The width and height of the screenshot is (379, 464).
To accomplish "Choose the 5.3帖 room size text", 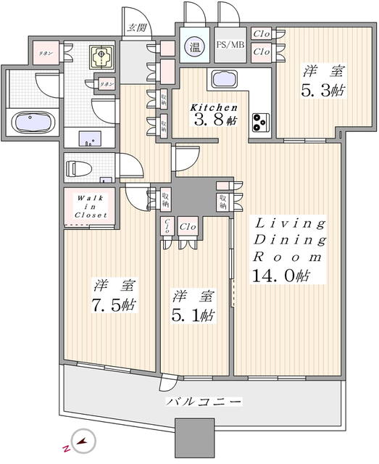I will pos(314,94).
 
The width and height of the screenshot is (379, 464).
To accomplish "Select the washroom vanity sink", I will pos(91,136).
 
